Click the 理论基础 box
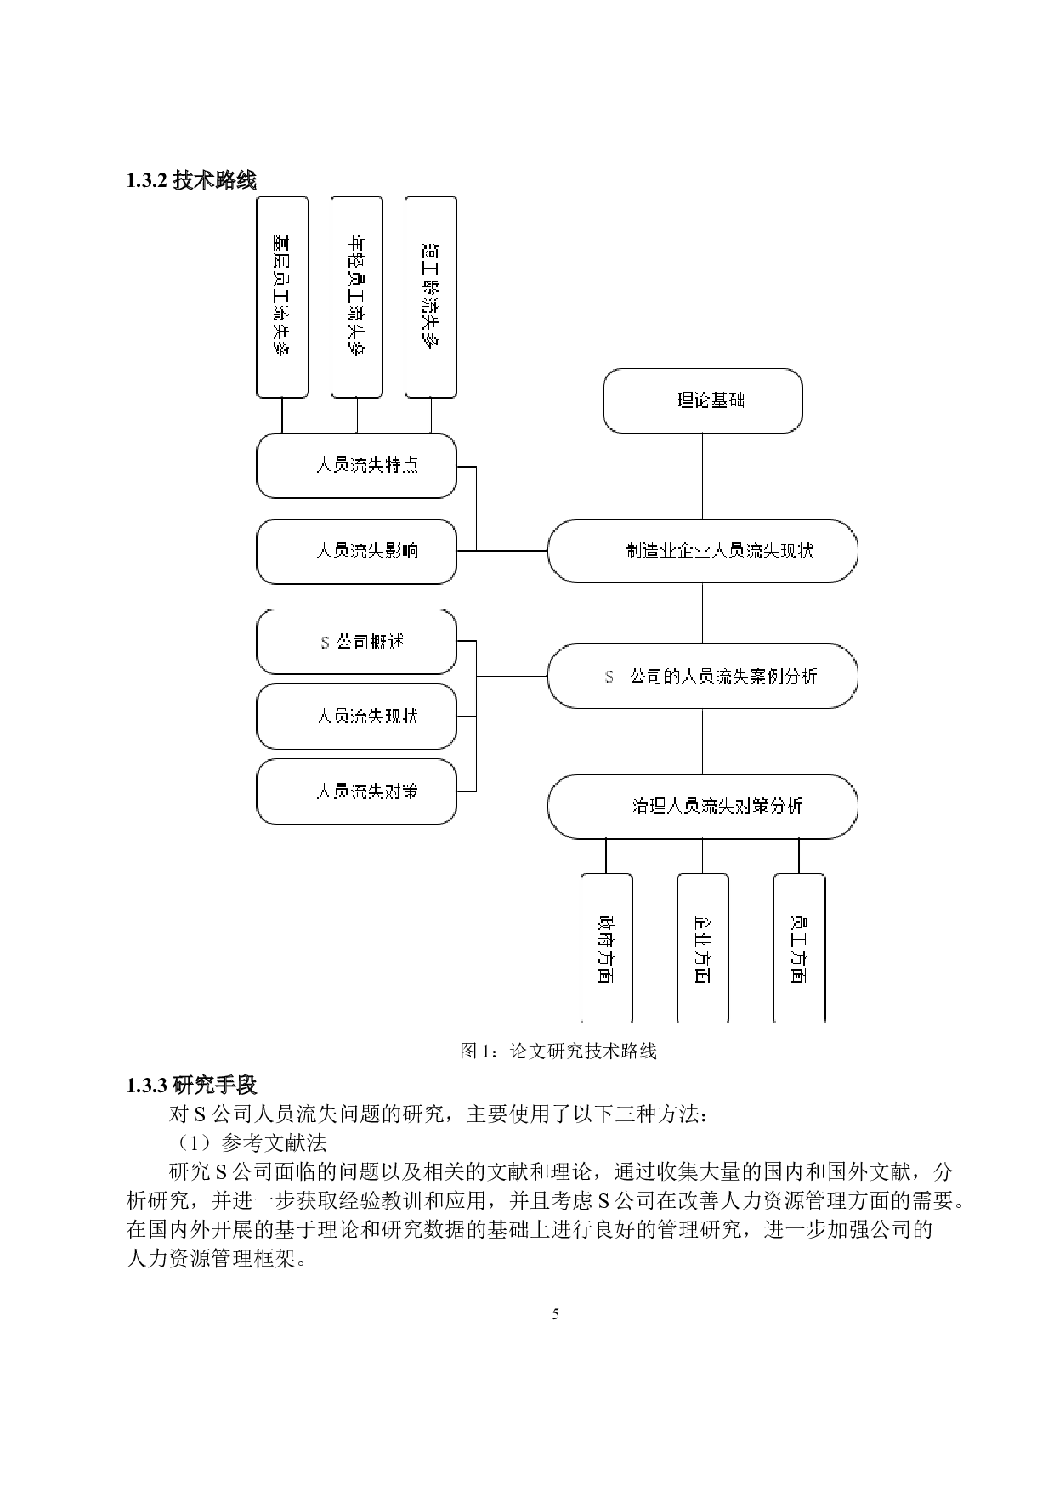click(702, 400)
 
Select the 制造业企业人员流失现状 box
click(702, 551)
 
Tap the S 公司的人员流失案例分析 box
click(702, 677)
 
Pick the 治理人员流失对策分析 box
click(702, 806)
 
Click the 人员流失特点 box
click(356, 466)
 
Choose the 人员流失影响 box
click(356, 552)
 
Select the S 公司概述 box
click(356, 642)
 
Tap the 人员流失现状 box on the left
click(356, 717)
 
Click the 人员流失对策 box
click(356, 791)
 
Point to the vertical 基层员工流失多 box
click(282, 297)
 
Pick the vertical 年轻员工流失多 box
click(356, 297)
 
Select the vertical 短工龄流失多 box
click(431, 297)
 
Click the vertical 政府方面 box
click(606, 948)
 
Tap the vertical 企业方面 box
click(702, 948)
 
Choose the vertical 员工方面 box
click(799, 948)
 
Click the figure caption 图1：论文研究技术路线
click(558, 1051)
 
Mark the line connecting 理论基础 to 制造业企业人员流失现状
click(702, 476)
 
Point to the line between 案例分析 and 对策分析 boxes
click(702, 741)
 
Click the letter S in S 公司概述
click(325, 643)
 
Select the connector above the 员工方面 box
click(799, 855)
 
